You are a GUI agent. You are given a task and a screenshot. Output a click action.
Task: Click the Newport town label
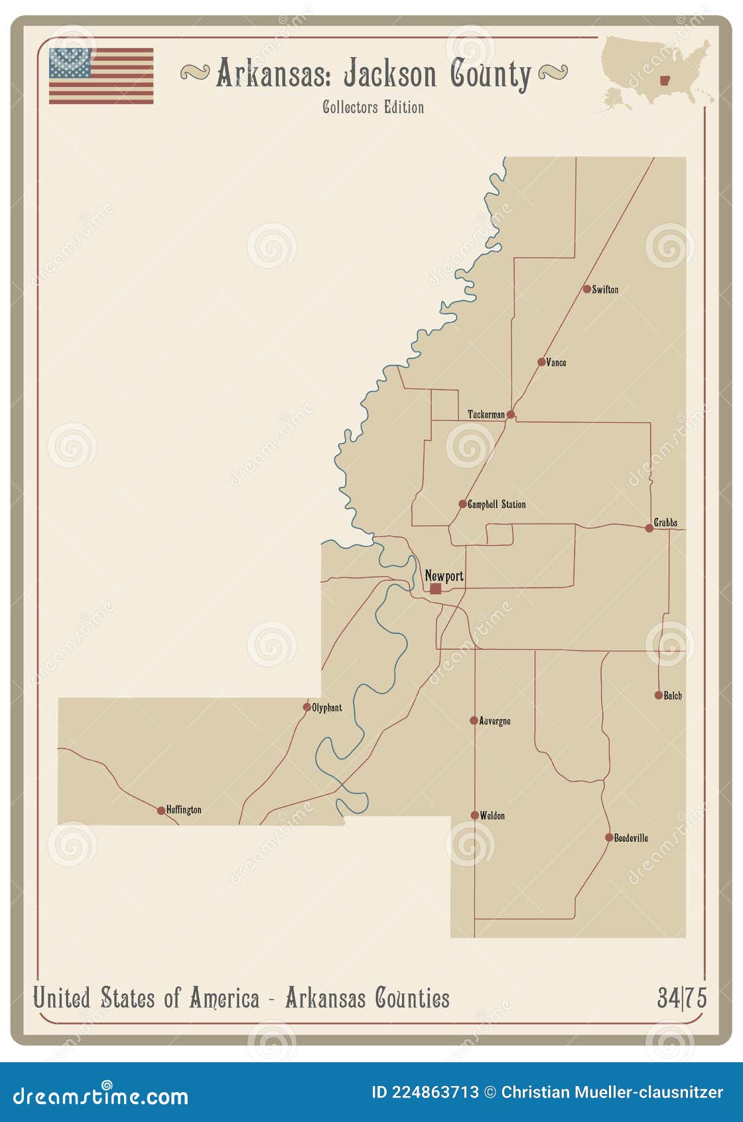pyautogui.click(x=444, y=576)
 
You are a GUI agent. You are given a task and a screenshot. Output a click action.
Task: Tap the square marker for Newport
pyautogui.click(x=435, y=589)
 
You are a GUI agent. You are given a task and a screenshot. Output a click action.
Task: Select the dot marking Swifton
pyautogui.click(x=587, y=289)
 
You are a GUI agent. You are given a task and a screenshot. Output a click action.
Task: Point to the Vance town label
pyautogui.click(x=556, y=362)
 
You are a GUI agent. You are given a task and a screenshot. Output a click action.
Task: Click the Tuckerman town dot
pyautogui.click(x=510, y=415)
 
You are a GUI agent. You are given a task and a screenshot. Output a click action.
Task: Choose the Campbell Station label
pyautogui.click(x=496, y=505)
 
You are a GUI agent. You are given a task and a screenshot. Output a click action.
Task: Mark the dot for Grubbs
pyautogui.click(x=649, y=528)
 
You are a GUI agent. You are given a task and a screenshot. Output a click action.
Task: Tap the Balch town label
pyautogui.click(x=673, y=696)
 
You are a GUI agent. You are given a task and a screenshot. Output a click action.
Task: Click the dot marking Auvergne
pyautogui.click(x=474, y=720)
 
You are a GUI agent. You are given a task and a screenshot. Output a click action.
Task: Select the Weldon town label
pyautogui.click(x=492, y=816)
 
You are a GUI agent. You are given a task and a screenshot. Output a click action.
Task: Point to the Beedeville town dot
pyautogui.click(x=609, y=838)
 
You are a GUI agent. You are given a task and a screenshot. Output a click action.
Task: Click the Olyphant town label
pyautogui.click(x=327, y=708)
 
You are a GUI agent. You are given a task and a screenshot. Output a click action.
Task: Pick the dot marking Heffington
pyautogui.click(x=161, y=811)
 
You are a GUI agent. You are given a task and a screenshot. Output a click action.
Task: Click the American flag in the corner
pyautogui.click(x=101, y=76)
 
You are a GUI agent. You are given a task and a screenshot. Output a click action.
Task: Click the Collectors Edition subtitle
pyautogui.click(x=373, y=108)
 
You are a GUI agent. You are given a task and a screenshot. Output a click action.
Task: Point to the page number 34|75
pyautogui.click(x=682, y=998)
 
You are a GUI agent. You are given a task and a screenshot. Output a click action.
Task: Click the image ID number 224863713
pyautogui.click(x=435, y=1092)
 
